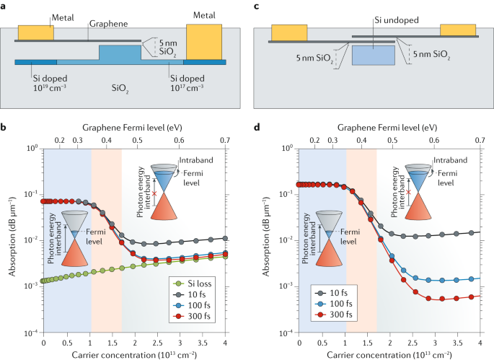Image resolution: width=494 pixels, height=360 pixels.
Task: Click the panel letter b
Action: (x=5, y=128)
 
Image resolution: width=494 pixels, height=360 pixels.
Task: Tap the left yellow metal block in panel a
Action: (x=35, y=32)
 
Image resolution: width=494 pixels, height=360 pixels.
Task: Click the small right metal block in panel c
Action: (x=458, y=29)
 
